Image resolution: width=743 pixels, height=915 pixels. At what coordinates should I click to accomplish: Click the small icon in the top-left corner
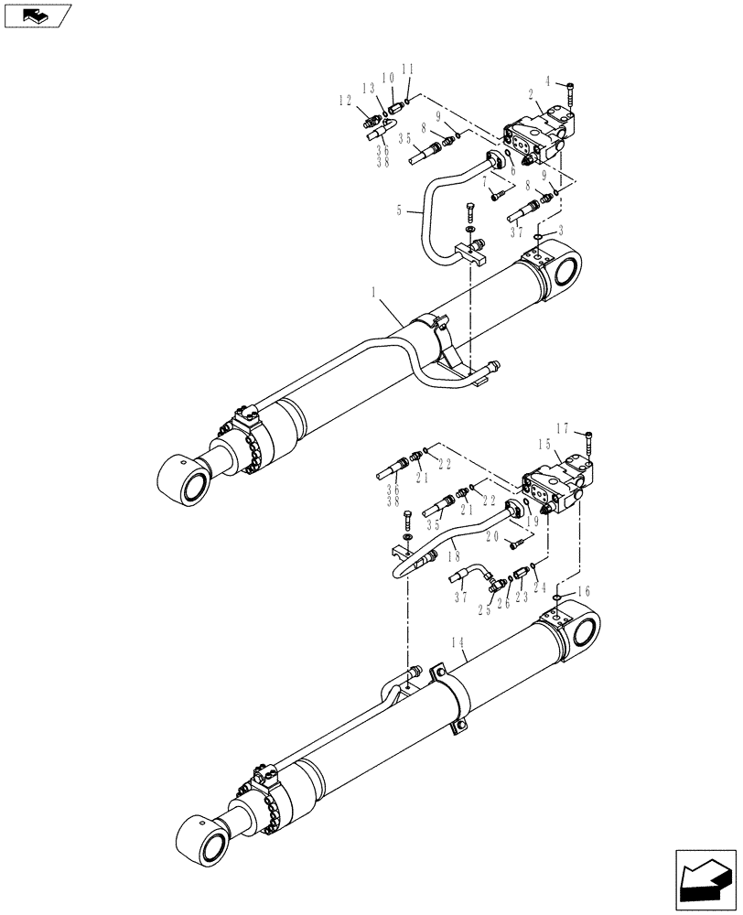point(38,16)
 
